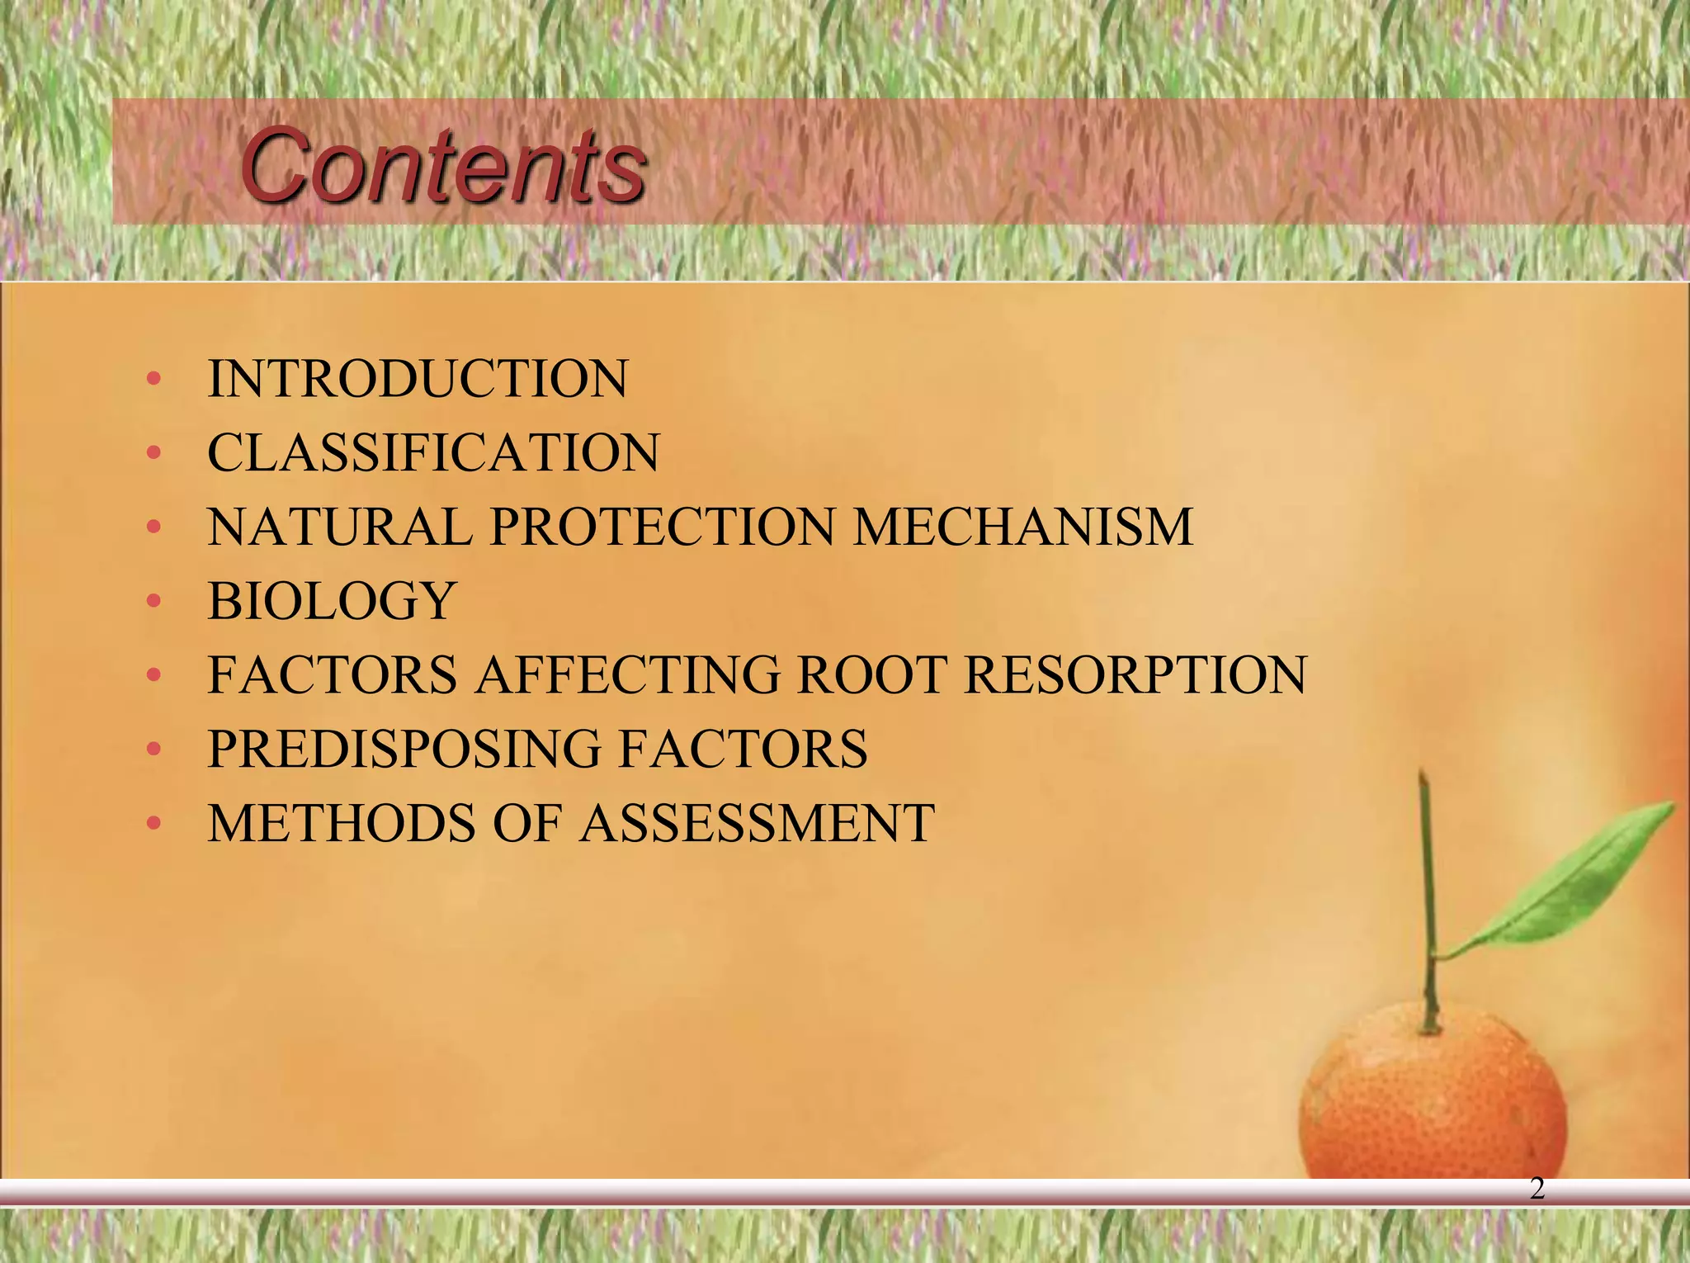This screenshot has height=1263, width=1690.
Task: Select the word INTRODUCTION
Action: [x=418, y=379]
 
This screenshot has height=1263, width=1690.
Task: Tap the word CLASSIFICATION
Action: [x=433, y=452]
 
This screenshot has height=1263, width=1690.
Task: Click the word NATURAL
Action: [x=339, y=527]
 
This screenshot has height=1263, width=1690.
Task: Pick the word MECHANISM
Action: [x=1022, y=527]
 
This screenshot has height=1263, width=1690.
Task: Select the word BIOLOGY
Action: [x=332, y=600]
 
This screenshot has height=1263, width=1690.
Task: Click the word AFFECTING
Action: [x=627, y=674]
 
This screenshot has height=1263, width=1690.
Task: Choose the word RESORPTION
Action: [x=1135, y=674]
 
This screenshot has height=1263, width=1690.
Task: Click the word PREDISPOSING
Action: [x=404, y=749]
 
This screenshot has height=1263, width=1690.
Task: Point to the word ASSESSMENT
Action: [x=757, y=823]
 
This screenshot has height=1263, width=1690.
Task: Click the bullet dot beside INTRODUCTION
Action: [x=153, y=379]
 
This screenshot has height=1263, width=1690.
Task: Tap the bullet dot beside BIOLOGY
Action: [x=153, y=601]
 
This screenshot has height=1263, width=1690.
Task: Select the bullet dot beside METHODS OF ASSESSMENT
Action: [x=153, y=823]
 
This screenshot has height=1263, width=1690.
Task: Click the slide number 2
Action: [x=1537, y=1188]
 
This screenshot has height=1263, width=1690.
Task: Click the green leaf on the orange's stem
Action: [x=1568, y=883]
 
